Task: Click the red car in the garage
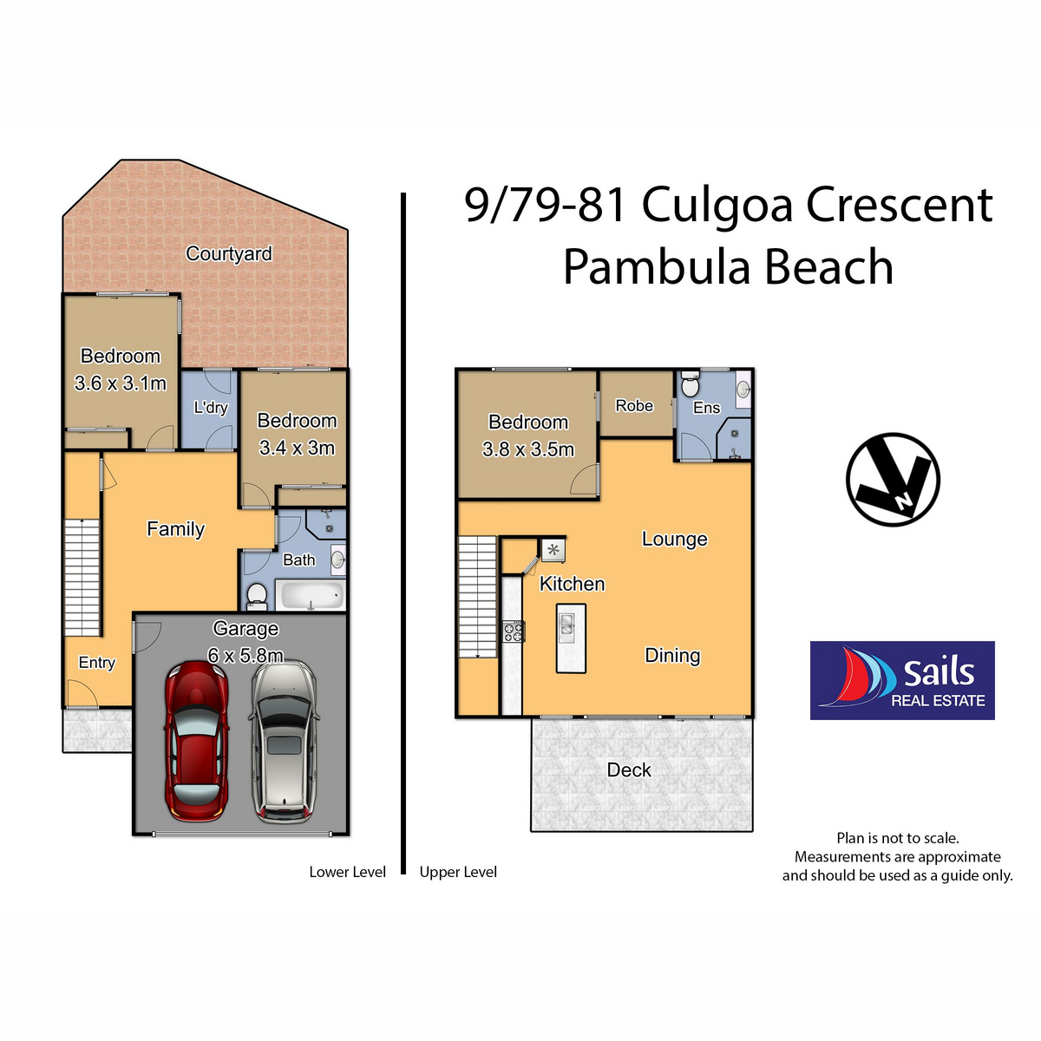[197, 742]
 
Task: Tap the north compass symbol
[893, 479]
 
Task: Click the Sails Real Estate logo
[901, 680]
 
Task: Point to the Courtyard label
[228, 253]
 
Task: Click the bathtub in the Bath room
[310, 597]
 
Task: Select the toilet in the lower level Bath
[256, 594]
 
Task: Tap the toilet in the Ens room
[689, 384]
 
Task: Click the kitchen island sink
[566, 624]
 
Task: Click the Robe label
[634, 405]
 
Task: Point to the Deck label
[629, 769]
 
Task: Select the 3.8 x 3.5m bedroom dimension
[528, 449]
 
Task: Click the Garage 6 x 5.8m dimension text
[246, 655]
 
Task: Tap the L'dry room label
[210, 407]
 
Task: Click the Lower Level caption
[347, 872]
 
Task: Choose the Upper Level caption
[458, 872]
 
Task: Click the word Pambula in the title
[642, 267]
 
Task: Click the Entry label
[96, 663]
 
